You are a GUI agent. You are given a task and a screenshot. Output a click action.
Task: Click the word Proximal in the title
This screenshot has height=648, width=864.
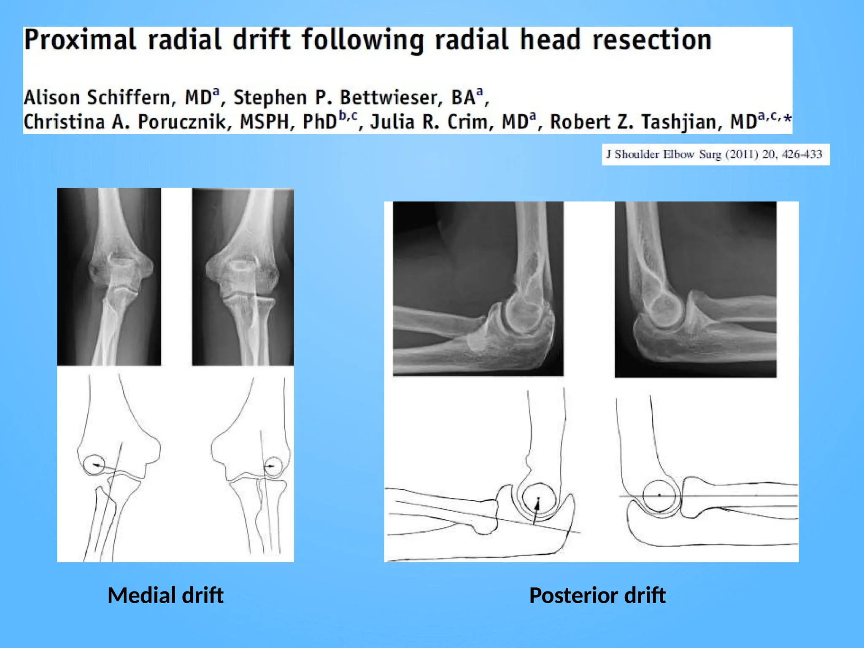pyautogui.click(x=79, y=40)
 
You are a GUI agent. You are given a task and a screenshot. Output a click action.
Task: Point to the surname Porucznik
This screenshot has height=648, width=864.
pyautogui.click(x=185, y=122)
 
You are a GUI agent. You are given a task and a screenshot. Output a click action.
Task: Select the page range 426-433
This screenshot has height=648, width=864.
pyautogui.click(x=802, y=154)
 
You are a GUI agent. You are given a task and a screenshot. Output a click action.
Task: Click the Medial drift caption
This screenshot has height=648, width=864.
pyautogui.click(x=165, y=596)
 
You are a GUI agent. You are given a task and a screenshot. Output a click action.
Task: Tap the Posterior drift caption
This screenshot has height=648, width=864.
pyautogui.click(x=597, y=596)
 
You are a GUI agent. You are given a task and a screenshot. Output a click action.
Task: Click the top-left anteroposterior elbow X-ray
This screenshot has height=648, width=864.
pyautogui.click(x=109, y=276)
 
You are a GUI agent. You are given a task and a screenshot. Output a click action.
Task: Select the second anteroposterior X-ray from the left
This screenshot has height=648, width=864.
pyautogui.click(x=243, y=276)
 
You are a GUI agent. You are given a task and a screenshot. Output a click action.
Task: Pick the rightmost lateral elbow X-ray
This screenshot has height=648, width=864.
pyautogui.click(x=695, y=289)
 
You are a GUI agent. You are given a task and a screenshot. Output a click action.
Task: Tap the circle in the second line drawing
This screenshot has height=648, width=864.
pyautogui.click(x=273, y=466)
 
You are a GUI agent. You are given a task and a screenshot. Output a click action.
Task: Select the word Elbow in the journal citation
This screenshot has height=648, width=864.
pyautogui.click(x=678, y=154)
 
